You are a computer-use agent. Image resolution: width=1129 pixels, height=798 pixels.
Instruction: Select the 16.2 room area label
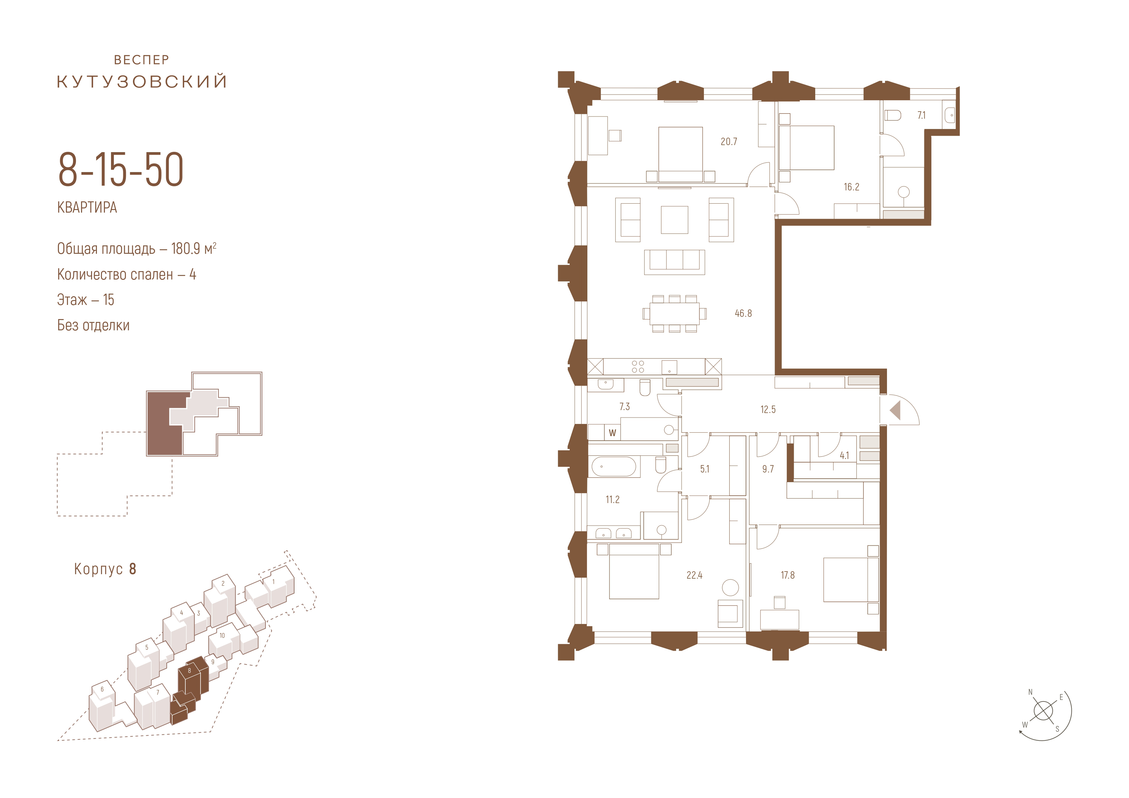click(x=851, y=187)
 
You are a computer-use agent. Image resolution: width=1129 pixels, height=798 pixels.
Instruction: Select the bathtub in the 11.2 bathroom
click(x=614, y=467)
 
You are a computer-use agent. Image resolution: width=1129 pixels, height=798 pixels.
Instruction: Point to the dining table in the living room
click(x=674, y=314)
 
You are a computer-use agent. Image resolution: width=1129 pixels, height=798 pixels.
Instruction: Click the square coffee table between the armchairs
click(x=674, y=220)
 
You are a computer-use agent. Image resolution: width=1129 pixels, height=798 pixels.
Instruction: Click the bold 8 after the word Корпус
click(x=132, y=569)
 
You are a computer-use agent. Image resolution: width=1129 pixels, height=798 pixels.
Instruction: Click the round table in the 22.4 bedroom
click(x=730, y=588)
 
